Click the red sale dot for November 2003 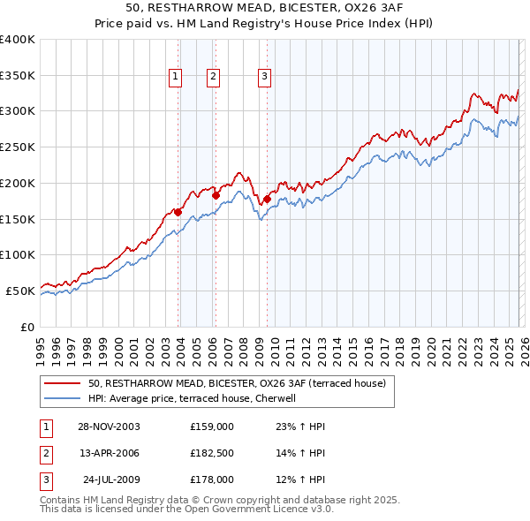tap(178, 212)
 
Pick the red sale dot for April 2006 tap(216, 195)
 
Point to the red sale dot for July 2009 tap(267, 199)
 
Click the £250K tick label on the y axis tap(18, 147)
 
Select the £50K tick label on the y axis tap(21, 291)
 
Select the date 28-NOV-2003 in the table tap(109, 427)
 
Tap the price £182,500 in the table tap(212, 453)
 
